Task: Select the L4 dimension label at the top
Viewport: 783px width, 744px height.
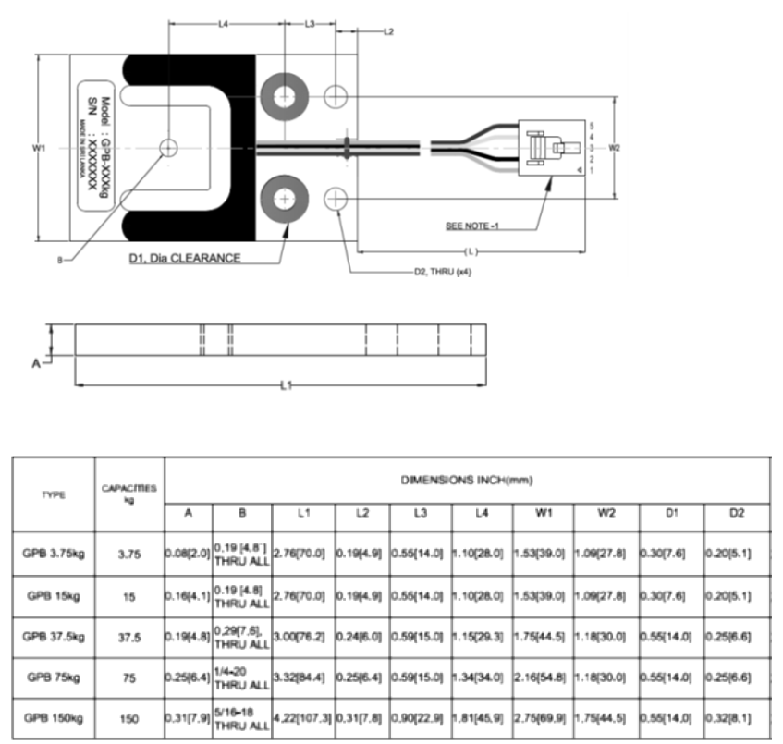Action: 223,24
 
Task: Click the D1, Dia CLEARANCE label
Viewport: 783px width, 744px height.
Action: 185,258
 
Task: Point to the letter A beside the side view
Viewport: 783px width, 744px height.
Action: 37,363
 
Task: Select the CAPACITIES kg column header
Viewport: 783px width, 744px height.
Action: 130,494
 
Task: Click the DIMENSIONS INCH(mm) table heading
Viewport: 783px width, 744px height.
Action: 467,480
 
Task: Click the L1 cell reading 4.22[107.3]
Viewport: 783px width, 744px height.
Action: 302,718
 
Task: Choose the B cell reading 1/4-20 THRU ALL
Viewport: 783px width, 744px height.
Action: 241,678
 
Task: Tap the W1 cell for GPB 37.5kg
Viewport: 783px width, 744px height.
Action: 542,637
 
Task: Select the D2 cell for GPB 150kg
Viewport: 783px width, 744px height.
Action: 737,718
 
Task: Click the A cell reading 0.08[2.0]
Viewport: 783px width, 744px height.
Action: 188,553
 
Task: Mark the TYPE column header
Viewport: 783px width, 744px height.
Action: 55,494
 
